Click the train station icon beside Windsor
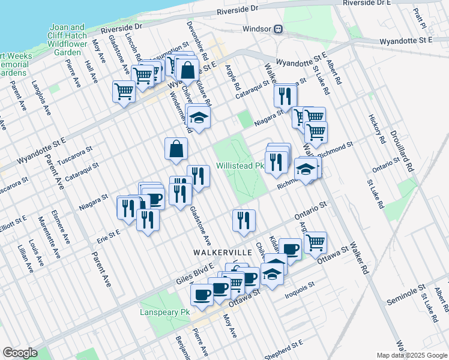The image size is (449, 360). (x=279, y=29)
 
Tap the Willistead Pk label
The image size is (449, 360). (x=240, y=165)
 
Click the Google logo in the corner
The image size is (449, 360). (x=20, y=353)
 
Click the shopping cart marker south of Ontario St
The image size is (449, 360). (x=315, y=242)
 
